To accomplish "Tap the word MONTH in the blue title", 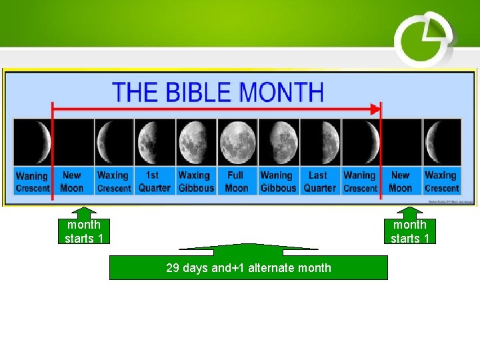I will (x=281, y=91).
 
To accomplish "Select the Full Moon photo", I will (x=237, y=141).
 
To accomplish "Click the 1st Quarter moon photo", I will (x=155, y=141).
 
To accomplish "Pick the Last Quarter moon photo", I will (x=320, y=141).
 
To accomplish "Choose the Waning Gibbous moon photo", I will (x=278, y=141).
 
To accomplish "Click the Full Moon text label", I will (x=236, y=181).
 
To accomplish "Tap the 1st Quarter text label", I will (x=154, y=181).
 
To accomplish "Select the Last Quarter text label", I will (x=319, y=181).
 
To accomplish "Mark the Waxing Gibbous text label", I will (x=195, y=181).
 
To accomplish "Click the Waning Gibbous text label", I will (x=277, y=181).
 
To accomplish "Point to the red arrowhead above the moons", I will (x=376, y=108).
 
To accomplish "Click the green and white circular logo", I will (x=424, y=39).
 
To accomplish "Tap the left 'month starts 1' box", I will (x=84, y=231).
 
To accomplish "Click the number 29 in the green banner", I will (x=172, y=268).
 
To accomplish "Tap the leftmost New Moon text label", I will (x=72, y=181).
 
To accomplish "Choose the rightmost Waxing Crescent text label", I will (x=441, y=181).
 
